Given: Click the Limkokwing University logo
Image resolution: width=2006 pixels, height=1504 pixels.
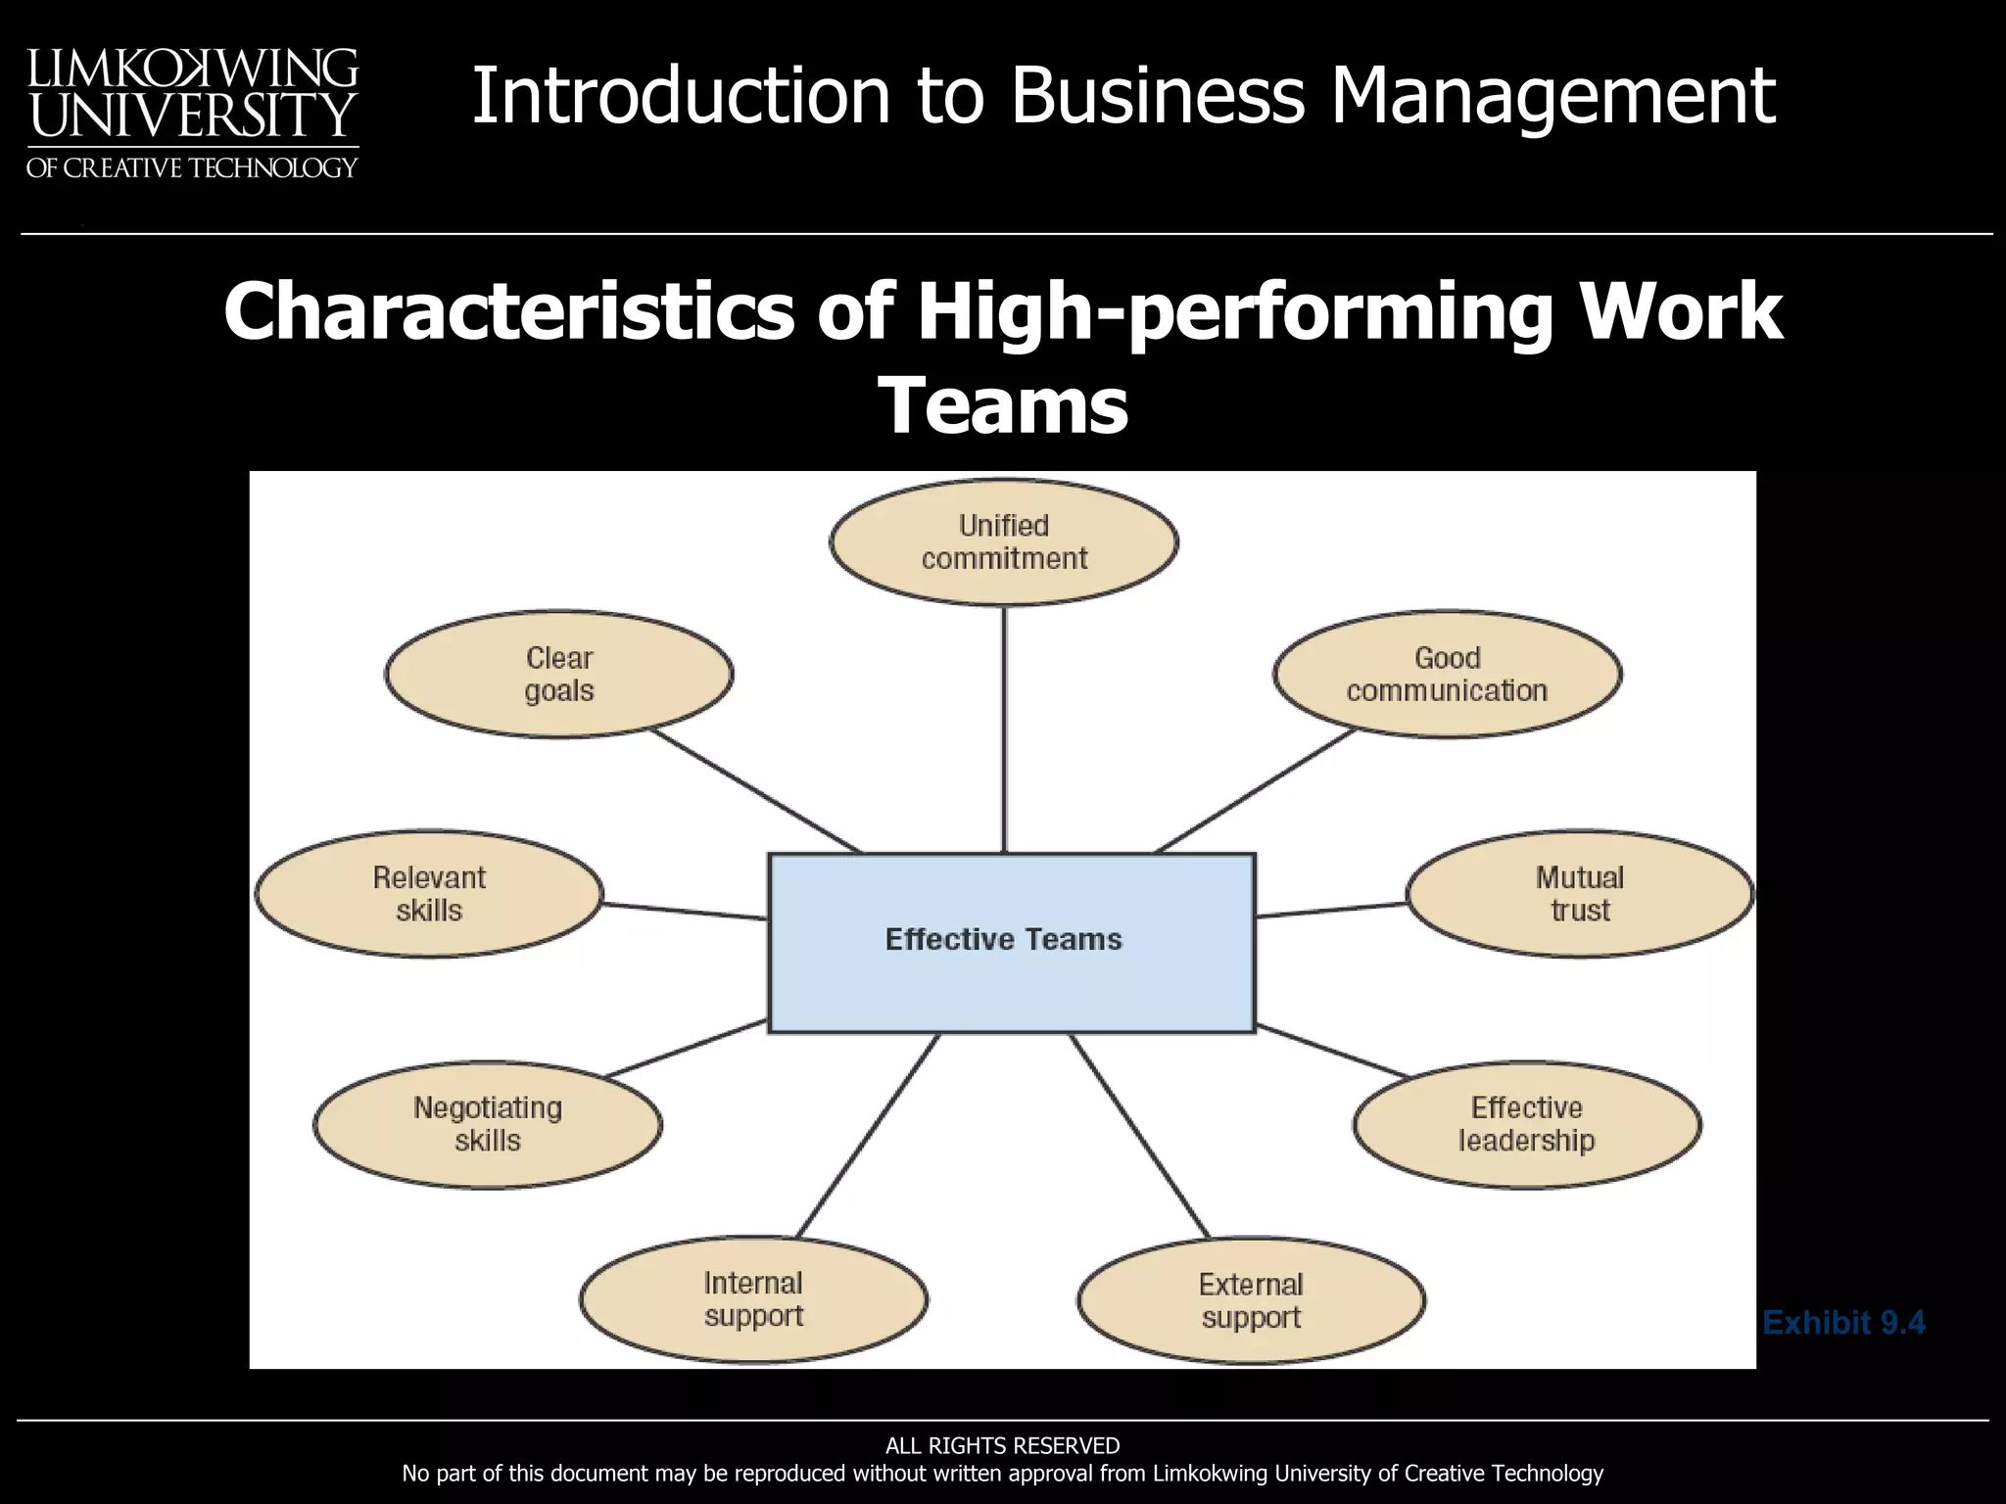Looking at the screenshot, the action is [192, 113].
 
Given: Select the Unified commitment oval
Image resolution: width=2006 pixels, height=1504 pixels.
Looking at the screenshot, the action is [1004, 542].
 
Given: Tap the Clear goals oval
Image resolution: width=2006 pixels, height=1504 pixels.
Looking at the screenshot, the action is [559, 675].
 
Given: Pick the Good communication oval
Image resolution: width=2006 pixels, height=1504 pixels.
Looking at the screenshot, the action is [1447, 675].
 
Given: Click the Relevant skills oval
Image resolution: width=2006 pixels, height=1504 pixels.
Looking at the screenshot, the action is [429, 894].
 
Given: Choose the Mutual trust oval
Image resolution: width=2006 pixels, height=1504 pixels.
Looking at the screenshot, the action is [1579, 894].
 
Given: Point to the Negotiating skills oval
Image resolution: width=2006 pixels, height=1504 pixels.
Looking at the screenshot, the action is [488, 1124].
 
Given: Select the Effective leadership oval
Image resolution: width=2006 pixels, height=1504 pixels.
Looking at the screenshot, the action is [1526, 1124].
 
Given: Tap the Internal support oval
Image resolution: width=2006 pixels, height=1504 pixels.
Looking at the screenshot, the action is [753, 1299].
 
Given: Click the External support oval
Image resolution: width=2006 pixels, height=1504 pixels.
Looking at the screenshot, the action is [1251, 1300].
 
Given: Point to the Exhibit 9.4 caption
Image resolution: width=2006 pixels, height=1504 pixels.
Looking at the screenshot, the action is [1843, 1323].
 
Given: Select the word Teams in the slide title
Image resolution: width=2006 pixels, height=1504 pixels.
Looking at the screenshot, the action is [1004, 405].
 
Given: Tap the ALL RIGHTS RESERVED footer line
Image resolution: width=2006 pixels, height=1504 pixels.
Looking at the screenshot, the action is [1002, 1445].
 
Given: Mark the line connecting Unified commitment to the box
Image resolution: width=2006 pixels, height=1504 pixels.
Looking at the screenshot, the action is [1004, 729].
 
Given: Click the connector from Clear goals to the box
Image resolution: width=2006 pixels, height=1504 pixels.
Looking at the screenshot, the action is [756, 791].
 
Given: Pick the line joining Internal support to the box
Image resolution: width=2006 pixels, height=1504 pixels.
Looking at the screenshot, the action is [868, 1136].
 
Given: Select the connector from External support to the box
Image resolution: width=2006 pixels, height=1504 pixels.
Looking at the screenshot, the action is [1139, 1136].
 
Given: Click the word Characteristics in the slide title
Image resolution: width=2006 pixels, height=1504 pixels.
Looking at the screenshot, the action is [508, 311].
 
